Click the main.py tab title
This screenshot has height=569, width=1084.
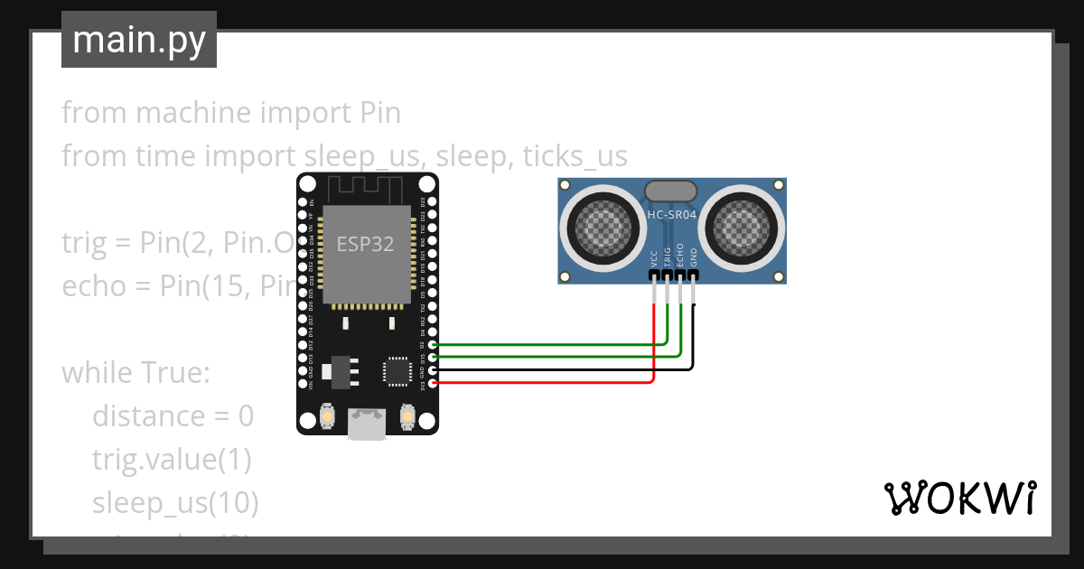pyautogui.click(x=138, y=40)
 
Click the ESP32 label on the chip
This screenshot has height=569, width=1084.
pyautogui.click(x=365, y=244)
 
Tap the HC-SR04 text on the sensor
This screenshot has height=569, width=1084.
pyautogui.click(x=672, y=215)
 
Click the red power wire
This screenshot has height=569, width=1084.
pyautogui.click(x=542, y=383)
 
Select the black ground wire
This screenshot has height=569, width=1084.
pyautogui.click(x=560, y=369)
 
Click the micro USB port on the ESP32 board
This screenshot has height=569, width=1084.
pyautogui.click(x=367, y=424)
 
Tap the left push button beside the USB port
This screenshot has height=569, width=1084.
pyautogui.click(x=327, y=416)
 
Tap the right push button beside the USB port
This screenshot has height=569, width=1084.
pyautogui.click(x=406, y=416)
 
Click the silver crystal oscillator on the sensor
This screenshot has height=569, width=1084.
pyautogui.click(x=670, y=191)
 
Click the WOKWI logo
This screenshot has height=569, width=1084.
pyautogui.click(x=959, y=498)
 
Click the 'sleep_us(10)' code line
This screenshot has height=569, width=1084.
pyautogui.click(x=175, y=502)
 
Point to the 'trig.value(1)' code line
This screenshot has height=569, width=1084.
pyautogui.click(x=172, y=459)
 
